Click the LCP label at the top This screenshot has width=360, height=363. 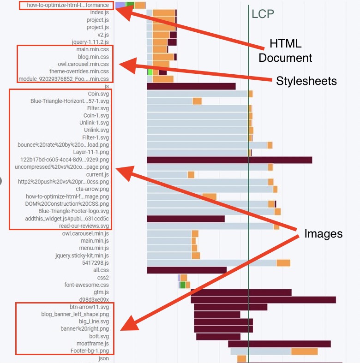tap(263, 14)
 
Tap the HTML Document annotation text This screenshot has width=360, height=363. tap(285, 51)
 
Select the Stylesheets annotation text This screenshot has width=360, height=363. tap(306, 81)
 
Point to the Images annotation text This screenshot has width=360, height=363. tap(323, 234)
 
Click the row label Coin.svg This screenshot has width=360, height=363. tap(98, 94)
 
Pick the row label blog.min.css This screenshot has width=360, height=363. tap(93, 57)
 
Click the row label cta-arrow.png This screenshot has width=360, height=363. tap(92, 189)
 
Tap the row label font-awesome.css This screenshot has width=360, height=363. tap(87, 285)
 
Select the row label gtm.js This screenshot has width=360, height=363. tap(101, 292)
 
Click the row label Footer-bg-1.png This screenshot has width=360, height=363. tap(90, 351)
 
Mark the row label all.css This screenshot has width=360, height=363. tap(101, 270)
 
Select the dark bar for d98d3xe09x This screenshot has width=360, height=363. tap(263, 300)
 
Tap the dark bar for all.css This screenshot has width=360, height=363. tap(186, 270)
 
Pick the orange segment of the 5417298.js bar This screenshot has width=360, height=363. tap(283, 263)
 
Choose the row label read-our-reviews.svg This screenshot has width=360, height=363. tap(84, 226)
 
